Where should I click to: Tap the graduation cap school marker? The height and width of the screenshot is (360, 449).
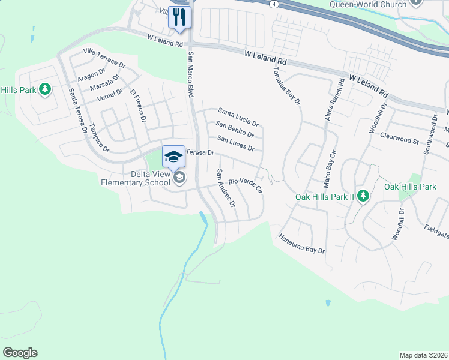coord(173,157)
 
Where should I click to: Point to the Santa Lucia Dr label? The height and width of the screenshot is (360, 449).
coord(238,115)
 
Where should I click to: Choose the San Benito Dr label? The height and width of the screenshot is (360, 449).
coord(235,129)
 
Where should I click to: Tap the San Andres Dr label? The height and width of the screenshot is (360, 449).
coord(226,187)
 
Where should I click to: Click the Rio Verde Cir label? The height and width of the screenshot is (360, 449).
coord(246,185)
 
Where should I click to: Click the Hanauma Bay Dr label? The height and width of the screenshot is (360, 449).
coord(301,244)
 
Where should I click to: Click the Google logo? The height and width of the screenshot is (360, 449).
coord(20,353)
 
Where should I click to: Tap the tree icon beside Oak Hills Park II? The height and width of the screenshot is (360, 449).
coord(363,196)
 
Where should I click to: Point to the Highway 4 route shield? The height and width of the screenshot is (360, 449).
coord(274,4)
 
